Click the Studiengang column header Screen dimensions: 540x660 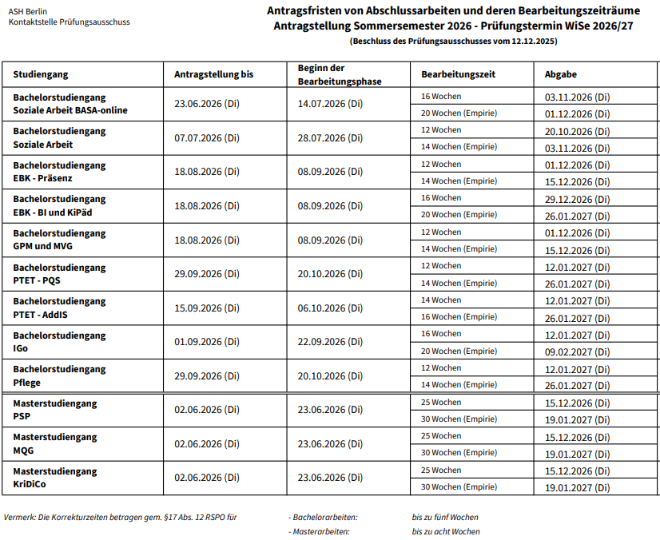(x=41, y=74)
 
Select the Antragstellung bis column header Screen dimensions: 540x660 (x=213, y=74)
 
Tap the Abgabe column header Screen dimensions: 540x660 (x=561, y=74)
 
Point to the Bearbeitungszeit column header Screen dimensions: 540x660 (x=459, y=74)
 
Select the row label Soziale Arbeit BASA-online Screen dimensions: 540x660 (x=70, y=110)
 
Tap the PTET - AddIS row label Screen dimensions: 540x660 (x=40, y=315)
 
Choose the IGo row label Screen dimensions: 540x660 (x=21, y=349)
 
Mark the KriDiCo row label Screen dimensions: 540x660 (x=30, y=485)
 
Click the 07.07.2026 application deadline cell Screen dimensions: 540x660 (x=206, y=138)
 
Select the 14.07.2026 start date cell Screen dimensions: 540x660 (x=330, y=104)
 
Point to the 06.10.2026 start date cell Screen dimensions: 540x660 (x=330, y=308)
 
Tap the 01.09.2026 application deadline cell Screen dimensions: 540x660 (x=206, y=342)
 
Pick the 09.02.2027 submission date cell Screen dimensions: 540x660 (x=577, y=351)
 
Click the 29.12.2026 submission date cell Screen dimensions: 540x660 (x=577, y=198)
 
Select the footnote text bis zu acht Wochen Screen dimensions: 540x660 (x=446, y=531)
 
